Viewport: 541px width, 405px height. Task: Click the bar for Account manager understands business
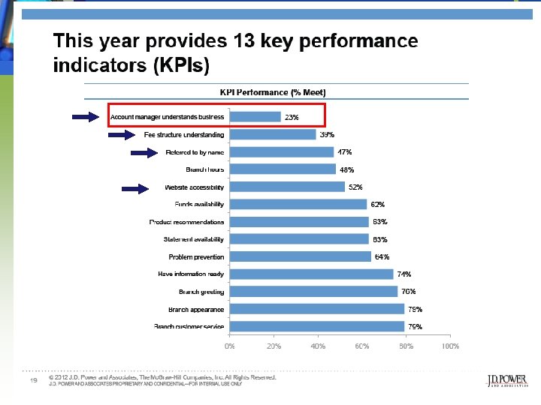pyautogui.click(x=255, y=117)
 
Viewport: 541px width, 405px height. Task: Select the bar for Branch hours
pyautogui.click(x=283, y=169)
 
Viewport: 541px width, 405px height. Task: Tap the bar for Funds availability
pyautogui.click(x=298, y=204)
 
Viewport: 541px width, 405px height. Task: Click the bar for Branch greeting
pyautogui.click(x=313, y=292)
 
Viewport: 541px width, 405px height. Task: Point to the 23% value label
pyautogui.click(x=291, y=117)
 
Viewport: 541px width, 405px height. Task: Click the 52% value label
pyautogui.click(x=355, y=187)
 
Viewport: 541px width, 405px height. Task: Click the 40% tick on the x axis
pyautogui.click(x=318, y=346)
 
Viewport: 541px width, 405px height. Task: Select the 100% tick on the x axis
pyautogui.click(x=450, y=346)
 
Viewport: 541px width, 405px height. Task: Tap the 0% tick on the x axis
pyautogui.click(x=230, y=346)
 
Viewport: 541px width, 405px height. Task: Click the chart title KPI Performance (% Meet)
pyautogui.click(x=273, y=92)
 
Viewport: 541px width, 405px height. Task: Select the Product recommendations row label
pyautogui.click(x=186, y=222)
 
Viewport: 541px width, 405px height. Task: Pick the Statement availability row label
pyautogui.click(x=193, y=239)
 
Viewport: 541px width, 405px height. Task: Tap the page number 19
pyautogui.click(x=33, y=381)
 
